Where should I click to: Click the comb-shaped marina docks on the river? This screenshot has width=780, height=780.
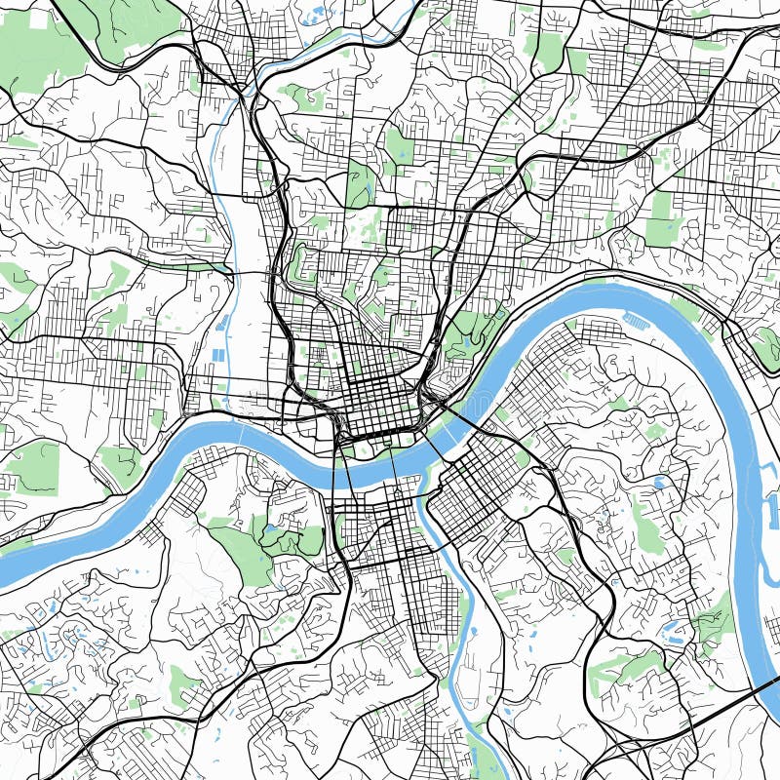click(x=635, y=320)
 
